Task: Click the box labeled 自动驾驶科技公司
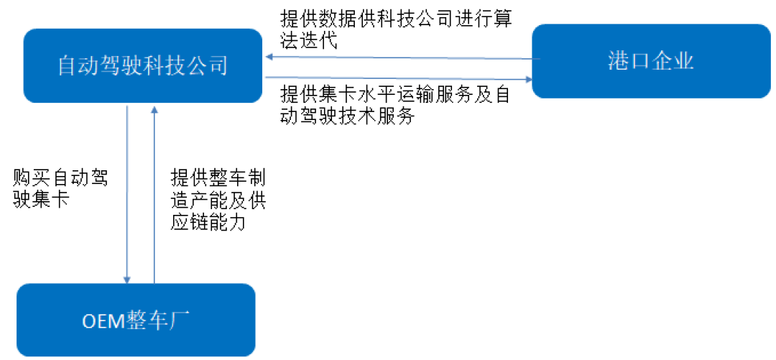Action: coord(142,66)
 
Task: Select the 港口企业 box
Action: coord(650,61)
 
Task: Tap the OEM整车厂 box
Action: coord(136,320)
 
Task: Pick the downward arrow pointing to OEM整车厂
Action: coord(127,194)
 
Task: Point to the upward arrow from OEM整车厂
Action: coord(154,194)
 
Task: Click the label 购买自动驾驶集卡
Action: coord(60,188)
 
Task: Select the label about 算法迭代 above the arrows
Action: coord(396,29)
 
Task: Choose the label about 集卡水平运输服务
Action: coord(396,105)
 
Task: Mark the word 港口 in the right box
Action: coord(628,61)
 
